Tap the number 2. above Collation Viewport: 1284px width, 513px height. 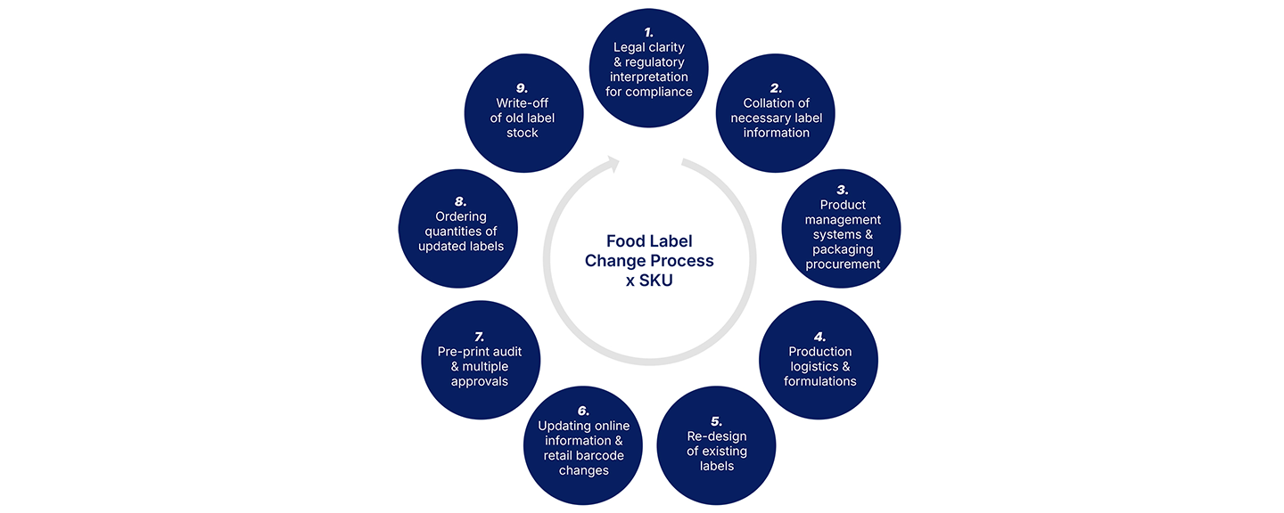[776, 88]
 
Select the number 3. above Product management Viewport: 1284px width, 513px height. [842, 190]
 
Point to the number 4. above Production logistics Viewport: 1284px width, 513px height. [819, 337]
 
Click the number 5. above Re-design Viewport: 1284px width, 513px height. [716, 421]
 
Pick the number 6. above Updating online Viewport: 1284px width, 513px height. [583, 411]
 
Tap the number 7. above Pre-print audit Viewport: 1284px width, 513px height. [479, 337]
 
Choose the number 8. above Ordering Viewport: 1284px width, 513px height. [461, 201]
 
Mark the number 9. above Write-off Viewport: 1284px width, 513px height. [523, 88]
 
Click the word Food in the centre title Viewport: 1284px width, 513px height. [622, 240]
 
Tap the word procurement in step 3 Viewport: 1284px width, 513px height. [843, 265]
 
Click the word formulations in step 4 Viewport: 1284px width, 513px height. [819, 381]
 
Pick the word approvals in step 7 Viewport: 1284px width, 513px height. [479, 381]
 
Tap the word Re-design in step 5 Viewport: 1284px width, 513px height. [716, 436]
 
